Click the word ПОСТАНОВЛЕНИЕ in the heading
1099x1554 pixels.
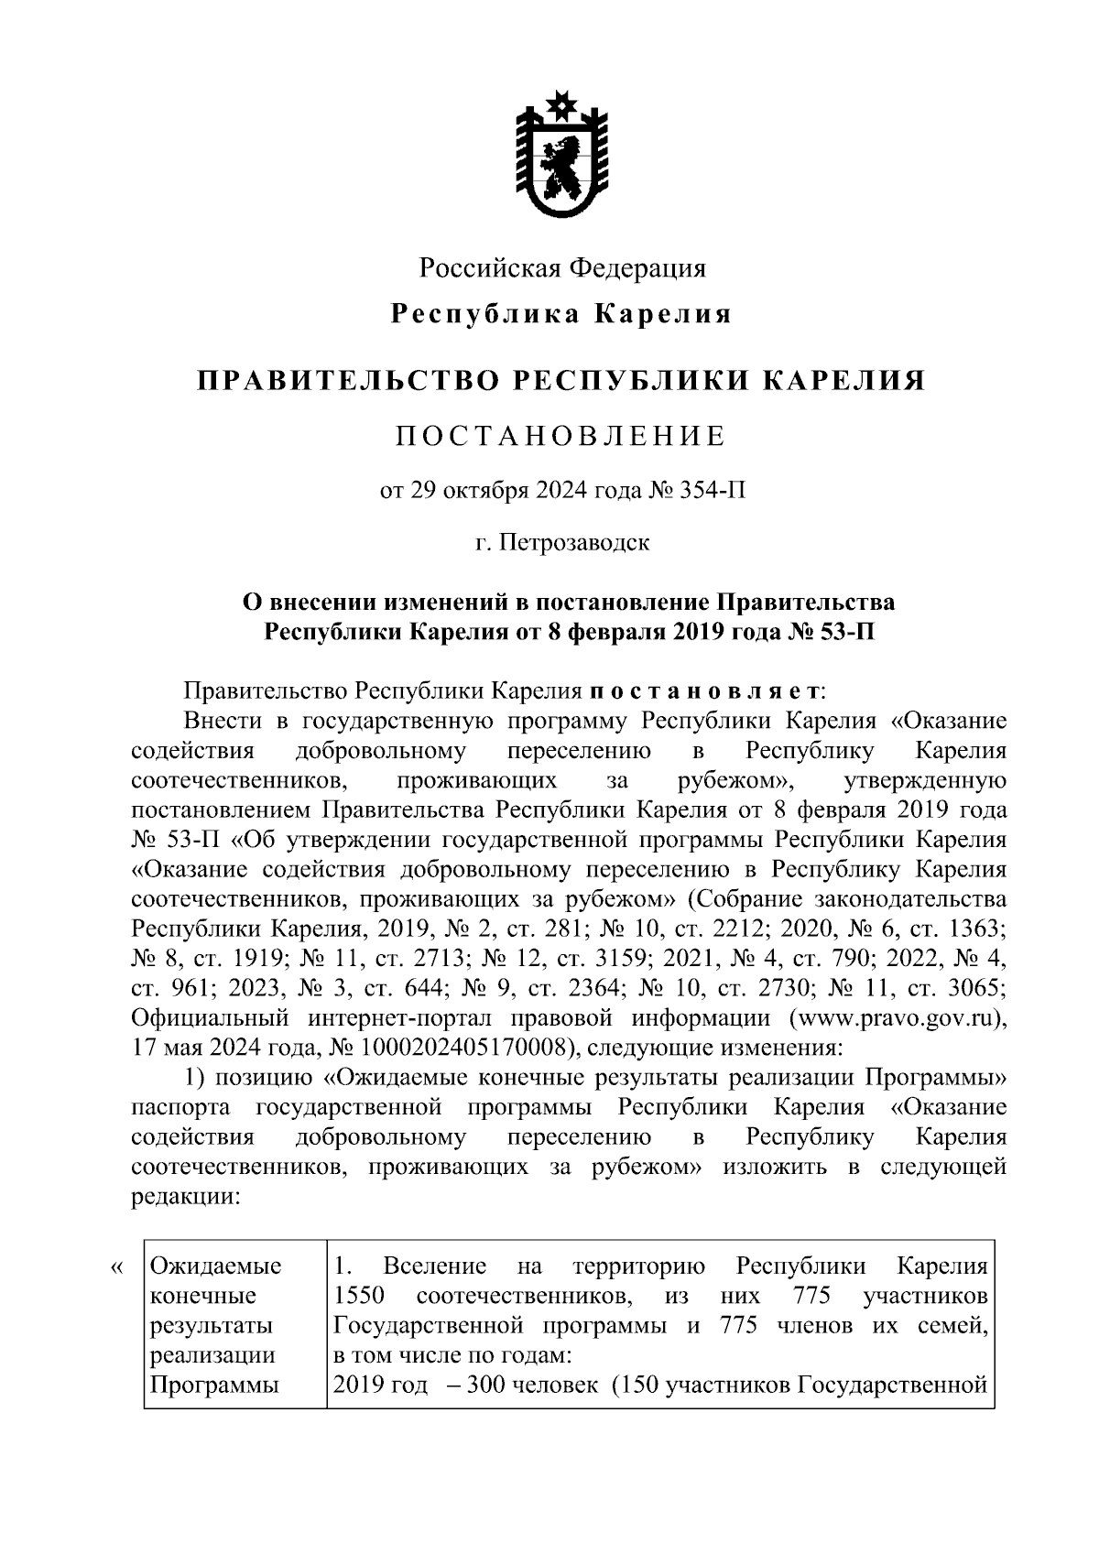click(x=560, y=436)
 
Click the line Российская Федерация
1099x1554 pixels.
click(x=562, y=268)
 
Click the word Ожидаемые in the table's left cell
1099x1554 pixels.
click(x=215, y=1267)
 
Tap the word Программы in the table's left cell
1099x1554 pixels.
click(x=214, y=1385)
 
